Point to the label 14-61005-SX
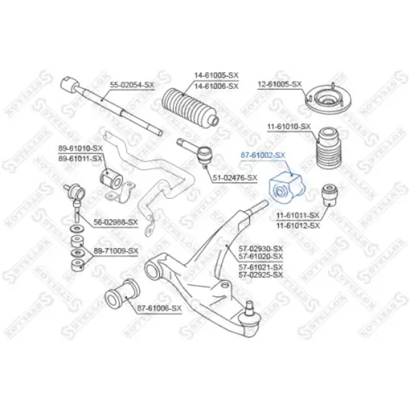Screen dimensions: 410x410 pyautogui.click(x=215, y=76)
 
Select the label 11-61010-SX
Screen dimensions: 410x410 pyautogui.click(x=289, y=127)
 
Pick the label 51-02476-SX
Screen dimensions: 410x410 pyautogui.click(x=235, y=178)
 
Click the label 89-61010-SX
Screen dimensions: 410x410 pyautogui.click(x=80, y=148)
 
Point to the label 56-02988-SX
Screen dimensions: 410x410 pyautogui.click(x=115, y=222)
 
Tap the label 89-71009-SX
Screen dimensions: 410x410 pyautogui.click(x=115, y=251)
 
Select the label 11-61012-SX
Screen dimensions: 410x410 pyautogui.click(x=297, y=225)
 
